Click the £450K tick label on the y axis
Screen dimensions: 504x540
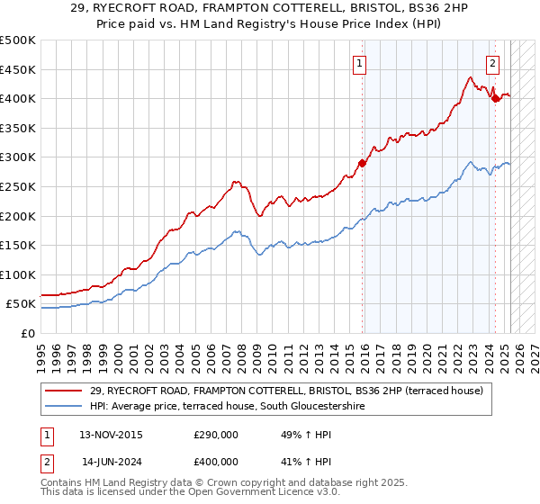[x=18, y=69]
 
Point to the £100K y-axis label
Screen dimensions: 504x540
[x=18, y=274]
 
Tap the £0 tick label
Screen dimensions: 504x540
[x=28, y=333]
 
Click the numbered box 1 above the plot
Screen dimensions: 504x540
[x=359, y=63]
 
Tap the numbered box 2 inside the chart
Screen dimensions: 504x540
[x=493, y=63]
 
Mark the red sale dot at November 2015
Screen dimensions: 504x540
[x=363, y=163]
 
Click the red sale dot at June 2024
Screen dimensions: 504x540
[x=495, y=99]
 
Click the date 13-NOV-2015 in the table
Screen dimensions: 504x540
[x=112, y=435]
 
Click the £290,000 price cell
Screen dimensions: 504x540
[x=215, y=435]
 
